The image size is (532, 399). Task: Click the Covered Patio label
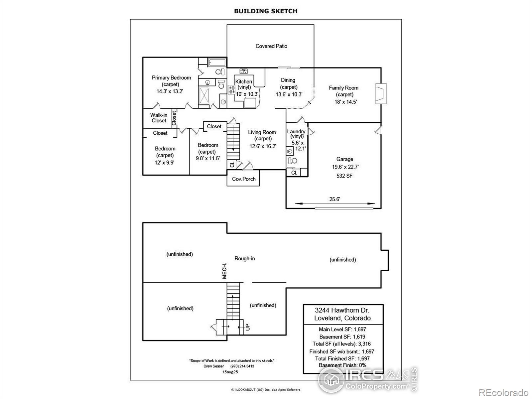(271, 46)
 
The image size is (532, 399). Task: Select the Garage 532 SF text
(344, 176)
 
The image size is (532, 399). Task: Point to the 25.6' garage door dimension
(334, 199)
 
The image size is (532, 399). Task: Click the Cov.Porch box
(243, 179)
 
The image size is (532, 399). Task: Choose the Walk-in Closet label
(159, 118)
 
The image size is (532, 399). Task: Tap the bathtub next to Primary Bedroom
(217, 62)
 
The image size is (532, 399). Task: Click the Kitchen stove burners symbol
(232, 89)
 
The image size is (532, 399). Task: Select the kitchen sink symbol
(243, 71)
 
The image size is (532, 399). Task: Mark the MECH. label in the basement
(224, 271)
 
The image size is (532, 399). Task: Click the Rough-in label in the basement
(245, 258)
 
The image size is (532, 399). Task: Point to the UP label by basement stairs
(248, 327)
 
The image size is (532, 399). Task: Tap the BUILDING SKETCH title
(266, 11)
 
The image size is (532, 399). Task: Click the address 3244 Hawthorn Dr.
(342, 310)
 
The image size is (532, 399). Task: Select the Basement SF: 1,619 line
(342, 336)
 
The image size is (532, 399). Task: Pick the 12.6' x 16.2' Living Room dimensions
(263, 146)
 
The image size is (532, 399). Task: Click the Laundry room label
(296, 132)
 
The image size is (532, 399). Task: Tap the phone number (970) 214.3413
(242, 366)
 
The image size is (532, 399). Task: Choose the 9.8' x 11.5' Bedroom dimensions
(208, 158)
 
